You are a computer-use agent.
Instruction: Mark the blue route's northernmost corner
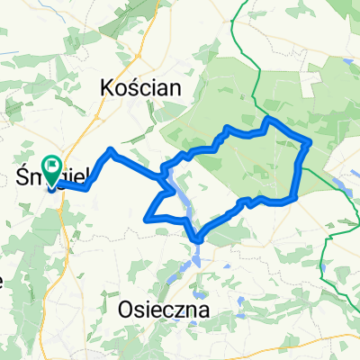click(x=267, y=118)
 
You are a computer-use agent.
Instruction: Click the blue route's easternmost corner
click(x=310, y=141)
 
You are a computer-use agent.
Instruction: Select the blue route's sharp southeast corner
click(x=295, y=199)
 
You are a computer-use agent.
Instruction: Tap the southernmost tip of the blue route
click(x=197, y=239)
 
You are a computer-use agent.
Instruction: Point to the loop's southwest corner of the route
click(x=146, y=217)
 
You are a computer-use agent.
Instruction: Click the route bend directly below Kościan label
click(x=111, y=149)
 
